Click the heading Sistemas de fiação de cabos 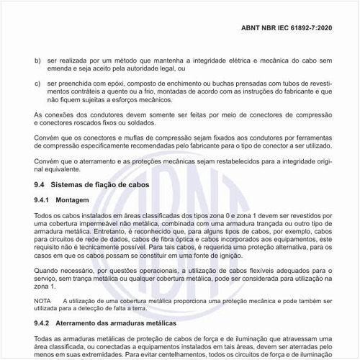coord(95,186)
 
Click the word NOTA coord(43,299)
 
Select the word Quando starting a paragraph coord(47,266)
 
